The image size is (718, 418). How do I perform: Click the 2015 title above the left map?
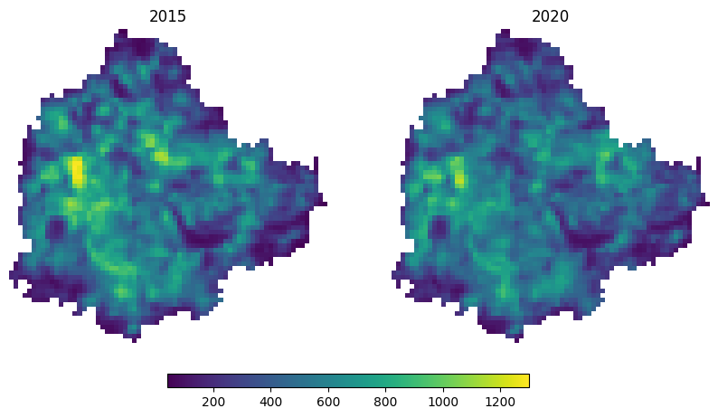point(167,17)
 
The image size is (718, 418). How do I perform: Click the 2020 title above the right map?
point(550,17)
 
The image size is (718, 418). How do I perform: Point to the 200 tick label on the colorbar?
point(214,402)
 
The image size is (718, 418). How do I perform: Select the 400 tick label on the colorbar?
point(271,402)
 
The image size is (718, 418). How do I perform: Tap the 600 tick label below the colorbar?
point(328,402)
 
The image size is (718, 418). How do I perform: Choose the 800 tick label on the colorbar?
point(385,402)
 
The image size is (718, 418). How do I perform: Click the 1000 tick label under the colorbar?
point(442,402)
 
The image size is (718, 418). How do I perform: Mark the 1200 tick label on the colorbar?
point(499,402)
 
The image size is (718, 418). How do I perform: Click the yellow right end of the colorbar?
point(524,380)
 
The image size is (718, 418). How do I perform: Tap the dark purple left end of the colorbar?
point(172,380)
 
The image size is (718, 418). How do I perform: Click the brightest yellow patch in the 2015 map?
point(77,169)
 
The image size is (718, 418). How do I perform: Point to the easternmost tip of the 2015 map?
point(324,204)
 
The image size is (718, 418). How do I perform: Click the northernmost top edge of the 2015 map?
point(121,33)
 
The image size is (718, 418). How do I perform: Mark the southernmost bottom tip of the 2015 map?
point(134,340)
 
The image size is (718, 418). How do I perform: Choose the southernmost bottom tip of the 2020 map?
point(516,340)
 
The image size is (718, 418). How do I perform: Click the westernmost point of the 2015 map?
point(12,274)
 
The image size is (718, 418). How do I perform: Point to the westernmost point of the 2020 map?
point(394,274)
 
